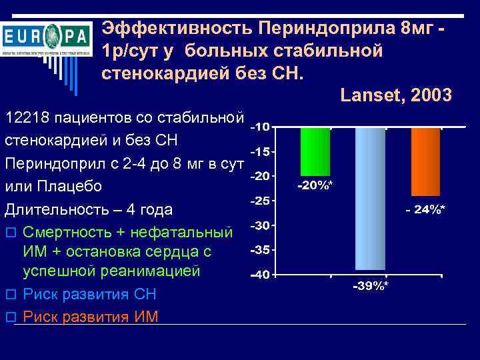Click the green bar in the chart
point(315,151)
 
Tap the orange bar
point(425,161)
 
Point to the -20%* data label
point(315,184)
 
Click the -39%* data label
point(371,286)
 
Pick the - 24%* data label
point(426,209)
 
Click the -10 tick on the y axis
point(261,127)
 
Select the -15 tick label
point(261,152)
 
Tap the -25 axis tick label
point(261,201)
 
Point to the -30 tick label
point(261,226)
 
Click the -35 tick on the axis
point(261,250)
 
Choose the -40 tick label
point(261,274)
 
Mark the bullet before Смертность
point(9,233)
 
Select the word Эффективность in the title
point(176,28)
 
